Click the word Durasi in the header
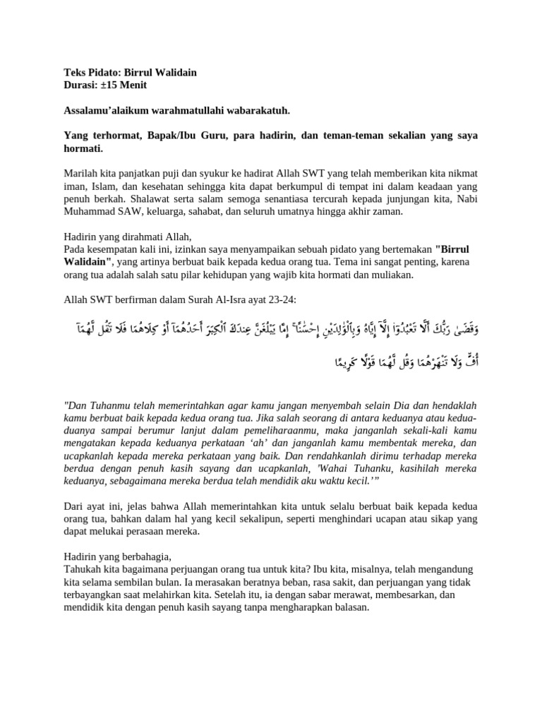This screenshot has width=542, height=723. coord(80,85)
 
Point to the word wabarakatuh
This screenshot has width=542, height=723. coord(256,111)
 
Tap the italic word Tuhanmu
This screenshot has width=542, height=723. coord(114,407)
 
